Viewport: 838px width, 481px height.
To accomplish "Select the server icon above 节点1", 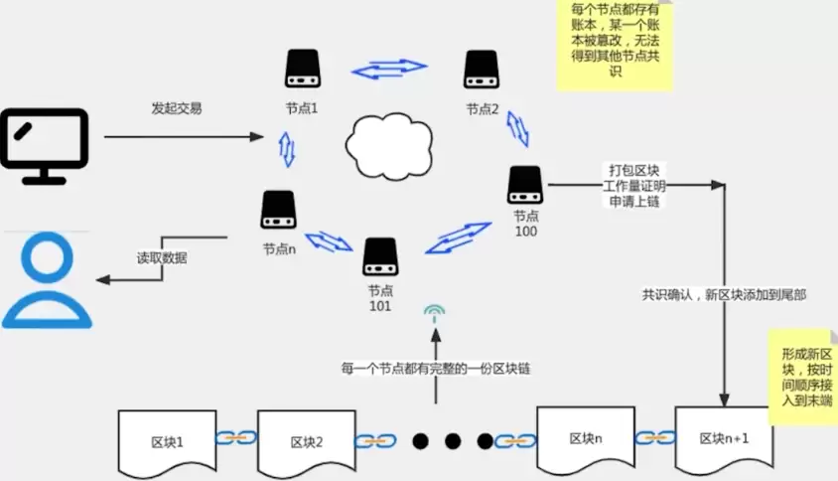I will [x=302, y=71].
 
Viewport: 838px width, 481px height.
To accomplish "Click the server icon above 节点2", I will [x=481, y=70].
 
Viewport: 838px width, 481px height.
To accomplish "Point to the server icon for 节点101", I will [x=380, y=256].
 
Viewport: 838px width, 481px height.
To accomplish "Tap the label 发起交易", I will [x=177, y=108].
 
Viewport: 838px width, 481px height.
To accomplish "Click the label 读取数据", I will [x=162, y=258].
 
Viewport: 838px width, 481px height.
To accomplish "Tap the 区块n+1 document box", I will [x=723, y=437].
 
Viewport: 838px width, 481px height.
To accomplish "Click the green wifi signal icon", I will [x=434, y=316].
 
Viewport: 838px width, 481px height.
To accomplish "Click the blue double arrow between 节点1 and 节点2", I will [x=388, y=70].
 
